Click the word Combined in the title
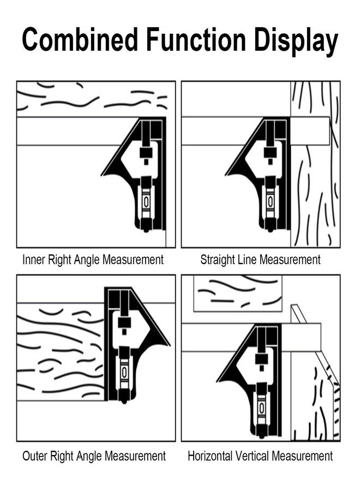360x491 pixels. (x=80, y=39)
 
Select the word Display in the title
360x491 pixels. (x=296, y=41)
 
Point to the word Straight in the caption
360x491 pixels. (x=218, y=260)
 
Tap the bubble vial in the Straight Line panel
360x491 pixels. (x=270, y=202)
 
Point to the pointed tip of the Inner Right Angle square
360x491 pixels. (x=101, y=175)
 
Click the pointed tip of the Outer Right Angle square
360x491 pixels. (x=170, y=345)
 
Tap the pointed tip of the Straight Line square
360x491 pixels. (x=225, y=175)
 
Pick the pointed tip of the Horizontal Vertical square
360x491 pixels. (x=217, y=381)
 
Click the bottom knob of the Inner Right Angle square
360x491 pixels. (x=146, y=230)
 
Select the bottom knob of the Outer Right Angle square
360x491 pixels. (x=124, y=401)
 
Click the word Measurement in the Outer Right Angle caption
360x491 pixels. (x=135, y=456)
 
